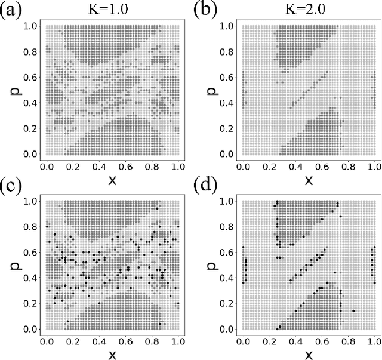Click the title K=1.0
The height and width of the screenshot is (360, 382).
tap(111, 10)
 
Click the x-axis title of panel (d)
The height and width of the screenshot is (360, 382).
tap(308, 355)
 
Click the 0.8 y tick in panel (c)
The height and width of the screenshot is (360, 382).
tap(29, 227)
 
